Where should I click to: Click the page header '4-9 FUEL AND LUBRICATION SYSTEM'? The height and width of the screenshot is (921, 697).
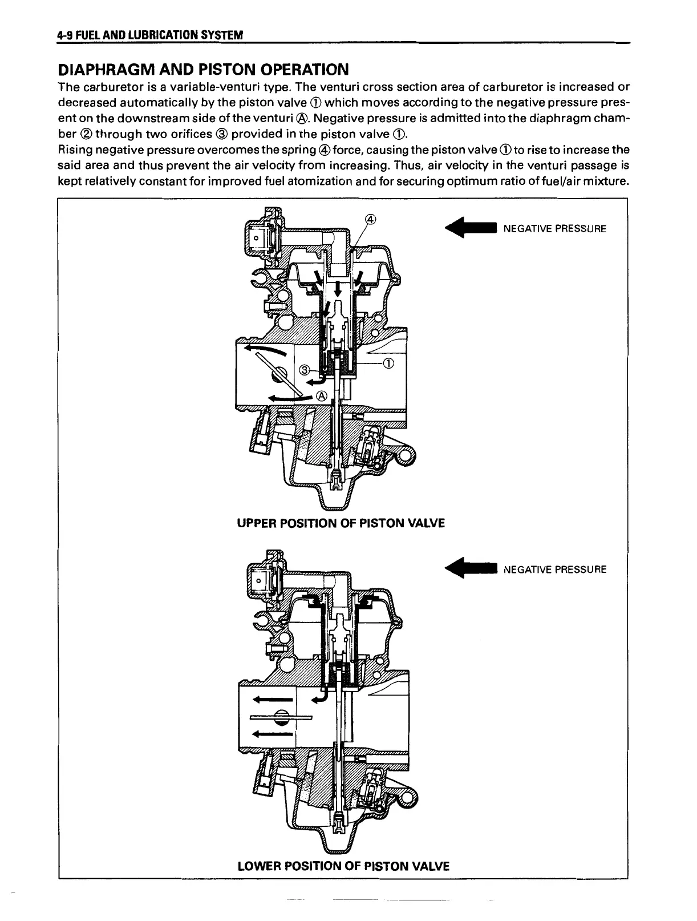[x=151, y=35]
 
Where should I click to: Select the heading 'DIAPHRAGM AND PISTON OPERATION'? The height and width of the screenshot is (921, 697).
[x=203, y=70]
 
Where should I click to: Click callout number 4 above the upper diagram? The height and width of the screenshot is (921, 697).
[x=370, y=220]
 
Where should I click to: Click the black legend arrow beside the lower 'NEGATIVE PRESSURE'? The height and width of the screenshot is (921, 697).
[x=472, y=569]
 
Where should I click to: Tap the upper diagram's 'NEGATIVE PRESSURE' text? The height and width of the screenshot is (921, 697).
[x=555, y=229]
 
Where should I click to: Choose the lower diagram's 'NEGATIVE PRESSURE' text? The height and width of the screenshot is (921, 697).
[x=555, y=569]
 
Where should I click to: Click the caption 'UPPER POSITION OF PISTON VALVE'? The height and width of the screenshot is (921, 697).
[x=341, y=523]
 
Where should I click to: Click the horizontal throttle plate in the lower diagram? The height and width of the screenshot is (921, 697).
[x=281, y=717]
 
